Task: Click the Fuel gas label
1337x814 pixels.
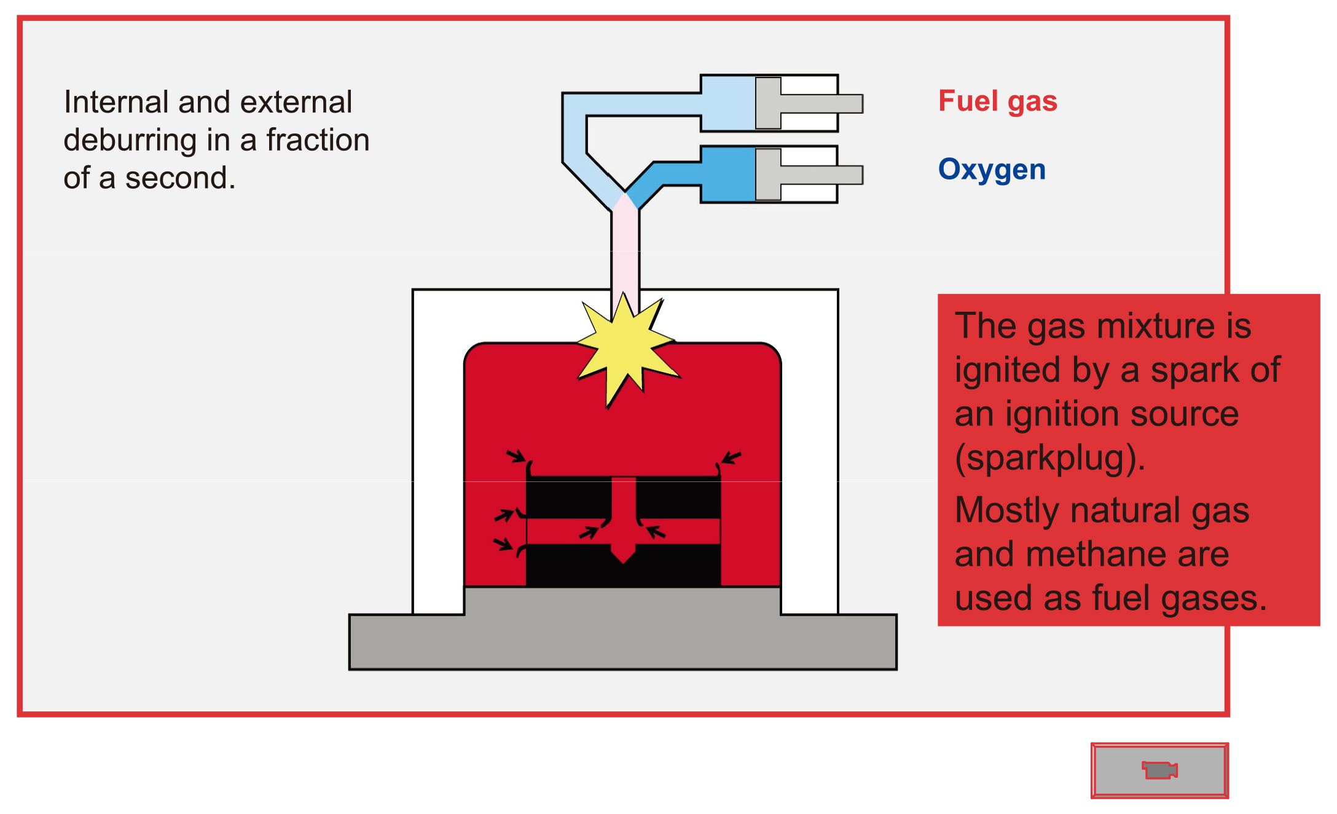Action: [x=997, y=101]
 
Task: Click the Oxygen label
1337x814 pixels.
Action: [x=992, y=170]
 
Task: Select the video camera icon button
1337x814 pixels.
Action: [x=1159, y=770]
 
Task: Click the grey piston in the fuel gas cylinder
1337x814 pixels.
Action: [x=769, y=103]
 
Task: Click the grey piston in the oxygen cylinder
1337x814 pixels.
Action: [x=769, y=175]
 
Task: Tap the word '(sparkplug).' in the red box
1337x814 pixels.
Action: [x=1049, y=459]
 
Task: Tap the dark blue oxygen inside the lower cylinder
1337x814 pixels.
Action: [x=728, y=175]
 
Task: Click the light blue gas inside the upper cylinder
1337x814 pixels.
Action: [x=728, y=103]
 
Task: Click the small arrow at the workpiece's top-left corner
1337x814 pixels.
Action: [x=516, y=456]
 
